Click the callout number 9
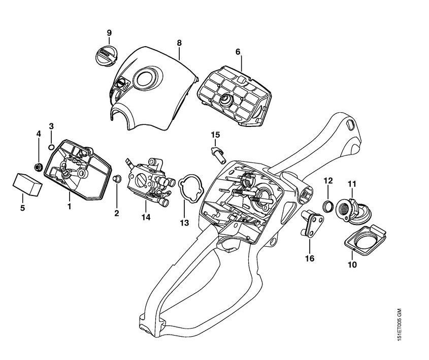point(109,33)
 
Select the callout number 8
point(179,43)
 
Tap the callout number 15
point(216,135)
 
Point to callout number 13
point(183,222)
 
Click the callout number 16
point(309,258)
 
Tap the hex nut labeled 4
point(38,166)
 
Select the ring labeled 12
point(328,205)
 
